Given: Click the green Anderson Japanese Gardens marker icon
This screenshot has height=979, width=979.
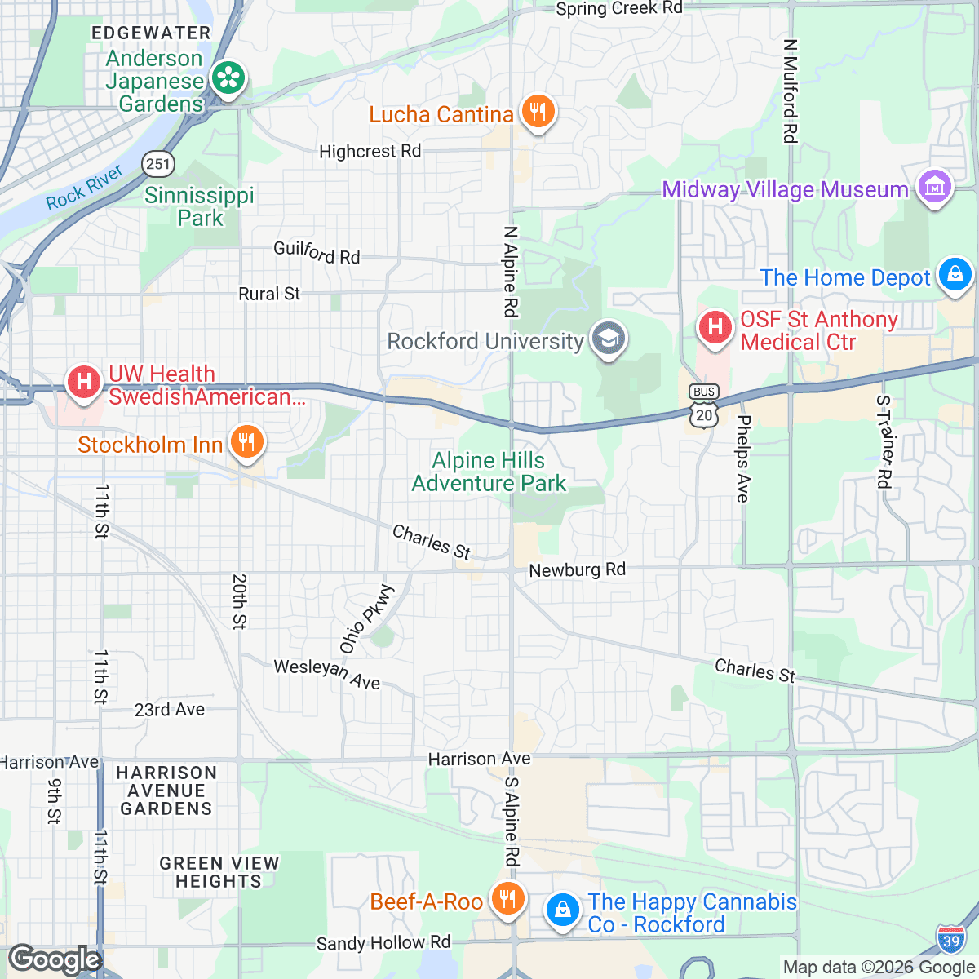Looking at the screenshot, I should point(228,79).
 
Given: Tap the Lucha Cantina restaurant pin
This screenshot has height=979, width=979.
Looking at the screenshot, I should point(537,112).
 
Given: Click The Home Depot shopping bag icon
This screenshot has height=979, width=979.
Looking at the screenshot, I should point(955,274).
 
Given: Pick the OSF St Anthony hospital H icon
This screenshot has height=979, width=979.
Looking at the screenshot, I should point(715,328).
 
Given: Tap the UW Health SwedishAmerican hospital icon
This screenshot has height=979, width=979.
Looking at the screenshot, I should point(83,382).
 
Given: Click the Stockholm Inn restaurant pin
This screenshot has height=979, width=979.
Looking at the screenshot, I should point(246,443).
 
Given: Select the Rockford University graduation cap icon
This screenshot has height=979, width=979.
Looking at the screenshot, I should point(609,339).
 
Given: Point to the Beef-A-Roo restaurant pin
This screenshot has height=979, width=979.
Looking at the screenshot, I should point(507,899).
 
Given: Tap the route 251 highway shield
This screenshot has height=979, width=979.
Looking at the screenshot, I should point(157,163).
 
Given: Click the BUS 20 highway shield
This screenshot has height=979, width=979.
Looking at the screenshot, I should point(703,405).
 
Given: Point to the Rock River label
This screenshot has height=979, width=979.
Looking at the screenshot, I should point(84,187).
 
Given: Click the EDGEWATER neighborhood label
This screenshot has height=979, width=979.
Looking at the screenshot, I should point(151,33).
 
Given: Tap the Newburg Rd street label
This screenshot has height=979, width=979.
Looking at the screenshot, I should point(577,569).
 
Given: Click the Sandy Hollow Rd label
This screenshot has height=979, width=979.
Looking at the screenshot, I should point(383,943).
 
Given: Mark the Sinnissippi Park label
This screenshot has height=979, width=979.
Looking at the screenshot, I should point(200,206).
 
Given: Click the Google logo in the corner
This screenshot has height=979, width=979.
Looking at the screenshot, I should point(54,959).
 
